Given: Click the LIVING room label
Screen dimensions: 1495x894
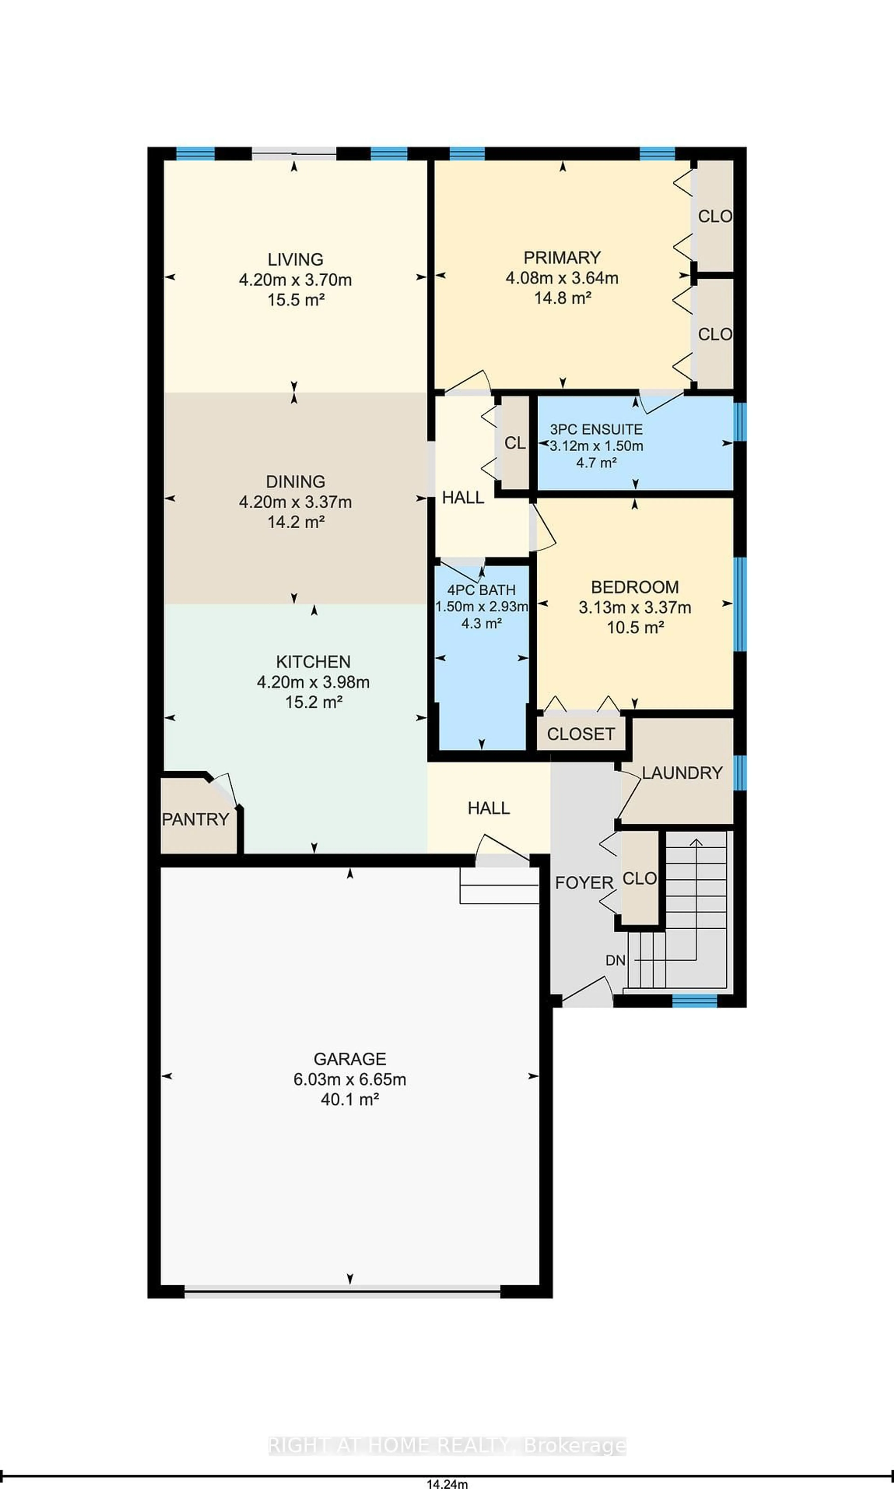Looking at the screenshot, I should click(x=295, y=259).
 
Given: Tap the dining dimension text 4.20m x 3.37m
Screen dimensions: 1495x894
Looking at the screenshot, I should click(x=295, y=502).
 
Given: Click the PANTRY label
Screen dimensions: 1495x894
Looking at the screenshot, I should click(x=195, y=819).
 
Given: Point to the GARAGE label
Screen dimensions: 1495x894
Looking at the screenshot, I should click(x=349, y=1059).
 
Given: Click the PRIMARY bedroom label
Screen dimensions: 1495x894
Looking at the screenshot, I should click(x=562, y=257).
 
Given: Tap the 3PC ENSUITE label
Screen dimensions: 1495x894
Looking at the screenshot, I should click(x=596, y=429).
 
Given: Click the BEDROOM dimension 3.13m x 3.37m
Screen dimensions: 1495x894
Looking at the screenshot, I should click(x=634, y=607).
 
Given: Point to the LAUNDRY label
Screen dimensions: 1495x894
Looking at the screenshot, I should click(x=681, y=773).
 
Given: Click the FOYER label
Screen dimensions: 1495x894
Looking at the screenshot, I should click(x=584, y=883).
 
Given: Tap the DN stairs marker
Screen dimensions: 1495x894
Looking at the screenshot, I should click(x=615, y=960).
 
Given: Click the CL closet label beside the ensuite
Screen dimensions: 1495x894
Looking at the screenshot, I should click(x=515, y=443).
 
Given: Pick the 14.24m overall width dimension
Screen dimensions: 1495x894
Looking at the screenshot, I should click(x=447, y=1484).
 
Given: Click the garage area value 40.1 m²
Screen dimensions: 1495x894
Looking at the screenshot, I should click(x=349, y=1099).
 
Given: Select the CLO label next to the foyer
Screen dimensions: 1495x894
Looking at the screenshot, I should click(x=639, y=878).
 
